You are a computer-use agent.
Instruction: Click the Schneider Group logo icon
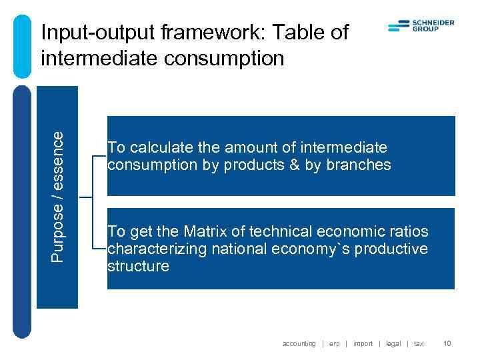[x=398, y=26]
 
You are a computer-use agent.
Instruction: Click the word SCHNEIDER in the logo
[x=433, y=22]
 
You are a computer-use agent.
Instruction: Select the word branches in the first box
[x=357, y=165]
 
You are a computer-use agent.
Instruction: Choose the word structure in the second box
[x=138, y=267]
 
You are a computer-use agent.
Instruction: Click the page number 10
[x=447, y=343]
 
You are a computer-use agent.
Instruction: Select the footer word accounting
[x=299, y=343]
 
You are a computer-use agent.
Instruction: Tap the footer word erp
[x=334, y=343]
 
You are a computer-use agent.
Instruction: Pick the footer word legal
[x=393, y=343]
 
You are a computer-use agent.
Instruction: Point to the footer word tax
[x=419, y=343]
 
